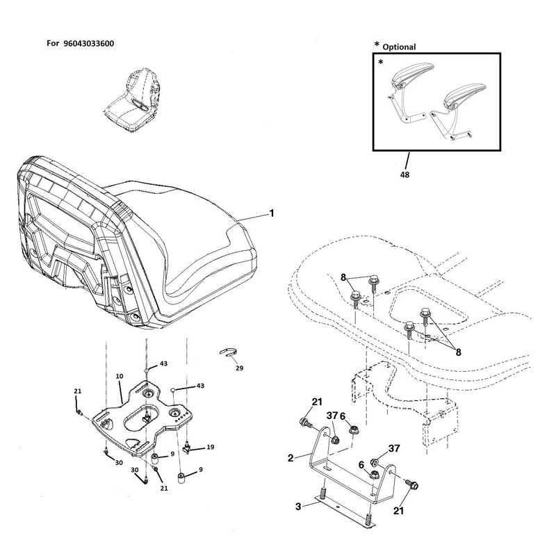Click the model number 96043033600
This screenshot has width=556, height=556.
(x=89, y=44)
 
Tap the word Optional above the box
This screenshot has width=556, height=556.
(x=399, y=47)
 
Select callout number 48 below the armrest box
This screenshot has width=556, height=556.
(x=404, y=174)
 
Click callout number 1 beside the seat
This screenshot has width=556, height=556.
(x=272, y=213)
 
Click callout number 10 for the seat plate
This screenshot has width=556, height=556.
(x=120, y=376)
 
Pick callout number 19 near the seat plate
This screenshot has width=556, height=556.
(x=211, y=447)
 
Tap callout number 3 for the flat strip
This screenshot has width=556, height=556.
(x=298, y=507)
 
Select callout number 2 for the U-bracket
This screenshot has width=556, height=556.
(x=291, y=458)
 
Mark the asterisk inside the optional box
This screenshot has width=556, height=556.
(x=380, y=63)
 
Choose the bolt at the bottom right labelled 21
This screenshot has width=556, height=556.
(x=411, y=484)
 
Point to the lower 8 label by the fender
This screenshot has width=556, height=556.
(x=459, y=352)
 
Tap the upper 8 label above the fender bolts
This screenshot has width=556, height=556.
(x=343, y=277)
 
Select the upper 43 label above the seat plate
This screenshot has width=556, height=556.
(x=163, y=363)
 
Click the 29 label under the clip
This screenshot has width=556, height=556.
(x=239, y=368)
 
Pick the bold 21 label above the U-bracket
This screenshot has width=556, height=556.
(x=317, y=402)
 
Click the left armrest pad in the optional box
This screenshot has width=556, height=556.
(x=413, y=74)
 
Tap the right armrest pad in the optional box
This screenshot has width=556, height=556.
(x=465, y=92)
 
